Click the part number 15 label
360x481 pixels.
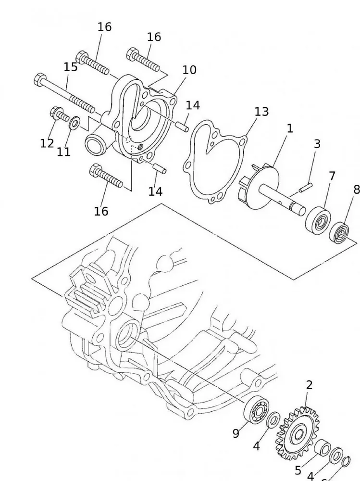(70, 67)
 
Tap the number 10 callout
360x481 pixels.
(189, 70)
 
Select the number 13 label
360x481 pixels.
(261, 112)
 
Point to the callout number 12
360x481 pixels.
(47, 143)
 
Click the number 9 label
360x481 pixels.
(236, 433)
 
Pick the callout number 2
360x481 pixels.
(309, 385)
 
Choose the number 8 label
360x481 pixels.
(356, 190)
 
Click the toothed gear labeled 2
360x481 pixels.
(296, 433)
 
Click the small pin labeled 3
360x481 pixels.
(306, 186)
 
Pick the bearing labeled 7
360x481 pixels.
(318, 217)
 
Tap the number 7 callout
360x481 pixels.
(332, 176)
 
